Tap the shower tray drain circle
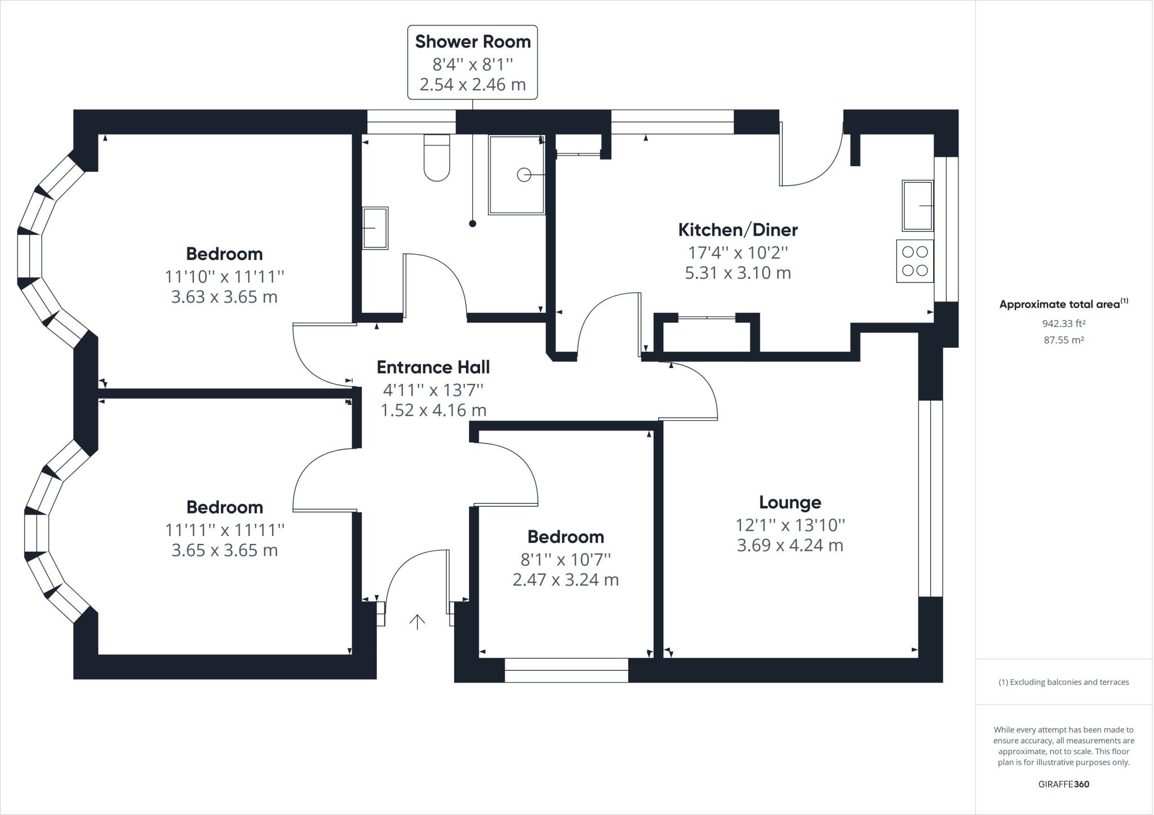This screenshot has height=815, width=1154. [x=524, y=175]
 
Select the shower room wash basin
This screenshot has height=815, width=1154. [x=375, y=228]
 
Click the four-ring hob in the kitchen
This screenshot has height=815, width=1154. [x=915, y=262]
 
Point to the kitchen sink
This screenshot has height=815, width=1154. [x=917, y=206]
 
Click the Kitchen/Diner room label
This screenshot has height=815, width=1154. [x=738, y=230]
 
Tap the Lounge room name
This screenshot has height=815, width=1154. [x=789, y=502]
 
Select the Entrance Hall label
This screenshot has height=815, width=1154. [x=433, y=367]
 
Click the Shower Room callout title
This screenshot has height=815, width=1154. [x=473, y=42]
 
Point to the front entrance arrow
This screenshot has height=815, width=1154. [x=417, y=622]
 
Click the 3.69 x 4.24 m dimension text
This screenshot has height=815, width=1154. [x=789, y=546]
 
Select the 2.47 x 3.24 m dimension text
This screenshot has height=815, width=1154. [x=566, y=580]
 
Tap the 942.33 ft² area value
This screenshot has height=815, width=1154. [x=1063, y=324]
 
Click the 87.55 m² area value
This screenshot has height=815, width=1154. [x=1063, y=340]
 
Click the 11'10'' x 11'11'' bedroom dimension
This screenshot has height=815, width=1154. [x=224, y=277]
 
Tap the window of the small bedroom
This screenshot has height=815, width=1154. [x=566, y=670]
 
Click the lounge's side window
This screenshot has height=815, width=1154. [x=930, y=498]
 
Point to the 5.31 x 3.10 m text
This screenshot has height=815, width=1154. [x=738, y=273]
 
